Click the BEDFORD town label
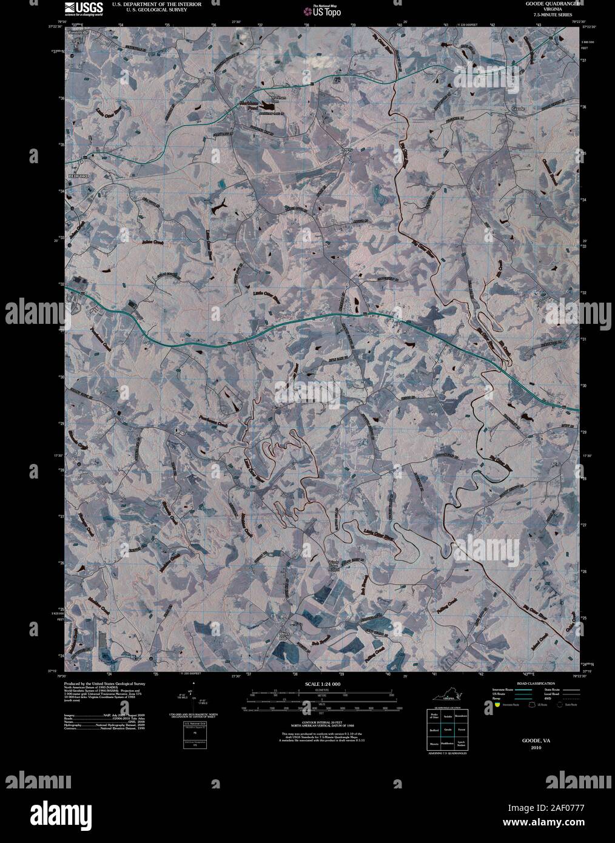coord(78,175)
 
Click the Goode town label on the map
coord(517,109)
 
